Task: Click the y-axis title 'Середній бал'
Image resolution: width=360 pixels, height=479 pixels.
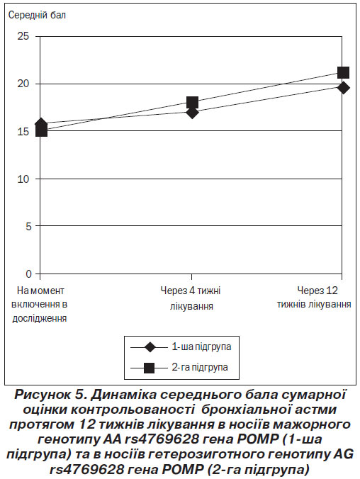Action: click(x=37, y=16)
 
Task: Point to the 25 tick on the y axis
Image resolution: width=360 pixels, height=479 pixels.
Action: click(x=23, y=36)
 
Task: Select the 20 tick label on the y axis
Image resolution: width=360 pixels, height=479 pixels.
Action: click(x=23, y=84)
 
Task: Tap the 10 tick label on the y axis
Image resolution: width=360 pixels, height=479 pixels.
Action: click(x=23, y=179)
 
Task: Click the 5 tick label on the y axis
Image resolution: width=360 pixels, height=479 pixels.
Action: click(x=28, y=226)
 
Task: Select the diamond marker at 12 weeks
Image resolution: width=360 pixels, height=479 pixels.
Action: click(x=344, y=88)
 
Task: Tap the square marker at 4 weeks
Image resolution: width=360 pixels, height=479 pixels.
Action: click(x=192, y=102)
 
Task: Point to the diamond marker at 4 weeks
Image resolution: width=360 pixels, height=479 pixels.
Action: click(x=192, y=113)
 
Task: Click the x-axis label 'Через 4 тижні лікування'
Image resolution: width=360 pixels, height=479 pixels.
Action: click(x=191, y=298)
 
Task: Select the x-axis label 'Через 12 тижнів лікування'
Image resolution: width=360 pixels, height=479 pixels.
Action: click(x=315, y=297)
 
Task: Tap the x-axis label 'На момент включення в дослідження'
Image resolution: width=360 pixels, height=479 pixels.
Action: click(x=40, y=304)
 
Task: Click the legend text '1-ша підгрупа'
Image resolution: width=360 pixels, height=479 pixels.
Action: click(x=201, y=347)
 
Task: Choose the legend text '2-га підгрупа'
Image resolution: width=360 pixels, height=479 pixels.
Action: click(x=200, y=367)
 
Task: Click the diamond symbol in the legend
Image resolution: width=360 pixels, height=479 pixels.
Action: click(x=150, y=347)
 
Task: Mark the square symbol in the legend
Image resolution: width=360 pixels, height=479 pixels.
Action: click(x=149, y=368)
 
